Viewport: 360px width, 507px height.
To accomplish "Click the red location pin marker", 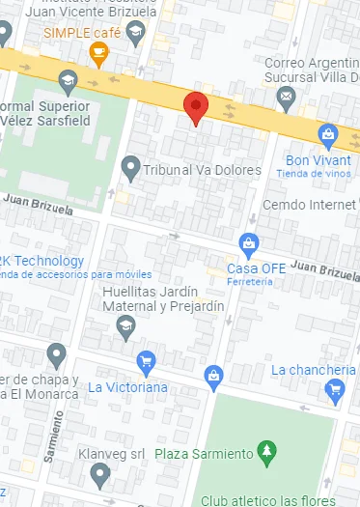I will click(x=196, y=107).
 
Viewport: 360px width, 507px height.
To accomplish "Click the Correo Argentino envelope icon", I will click(x=286, y=96).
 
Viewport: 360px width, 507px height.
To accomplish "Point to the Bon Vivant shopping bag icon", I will click(x=328, y=133).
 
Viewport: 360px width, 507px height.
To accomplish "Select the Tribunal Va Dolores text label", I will click(x=203, y=170).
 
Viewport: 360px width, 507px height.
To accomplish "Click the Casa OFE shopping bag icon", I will click(x=250, y=241).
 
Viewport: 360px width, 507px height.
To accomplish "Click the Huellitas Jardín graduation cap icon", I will click(x=125, y=328).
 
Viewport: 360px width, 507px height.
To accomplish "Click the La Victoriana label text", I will click(x=128, y=387).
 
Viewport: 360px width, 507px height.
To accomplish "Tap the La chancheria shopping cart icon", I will click(x=335, y=389).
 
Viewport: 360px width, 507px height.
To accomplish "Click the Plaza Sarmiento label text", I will click(x=207, y=452).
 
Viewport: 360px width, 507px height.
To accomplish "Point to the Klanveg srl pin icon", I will click(x=99, y=473).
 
